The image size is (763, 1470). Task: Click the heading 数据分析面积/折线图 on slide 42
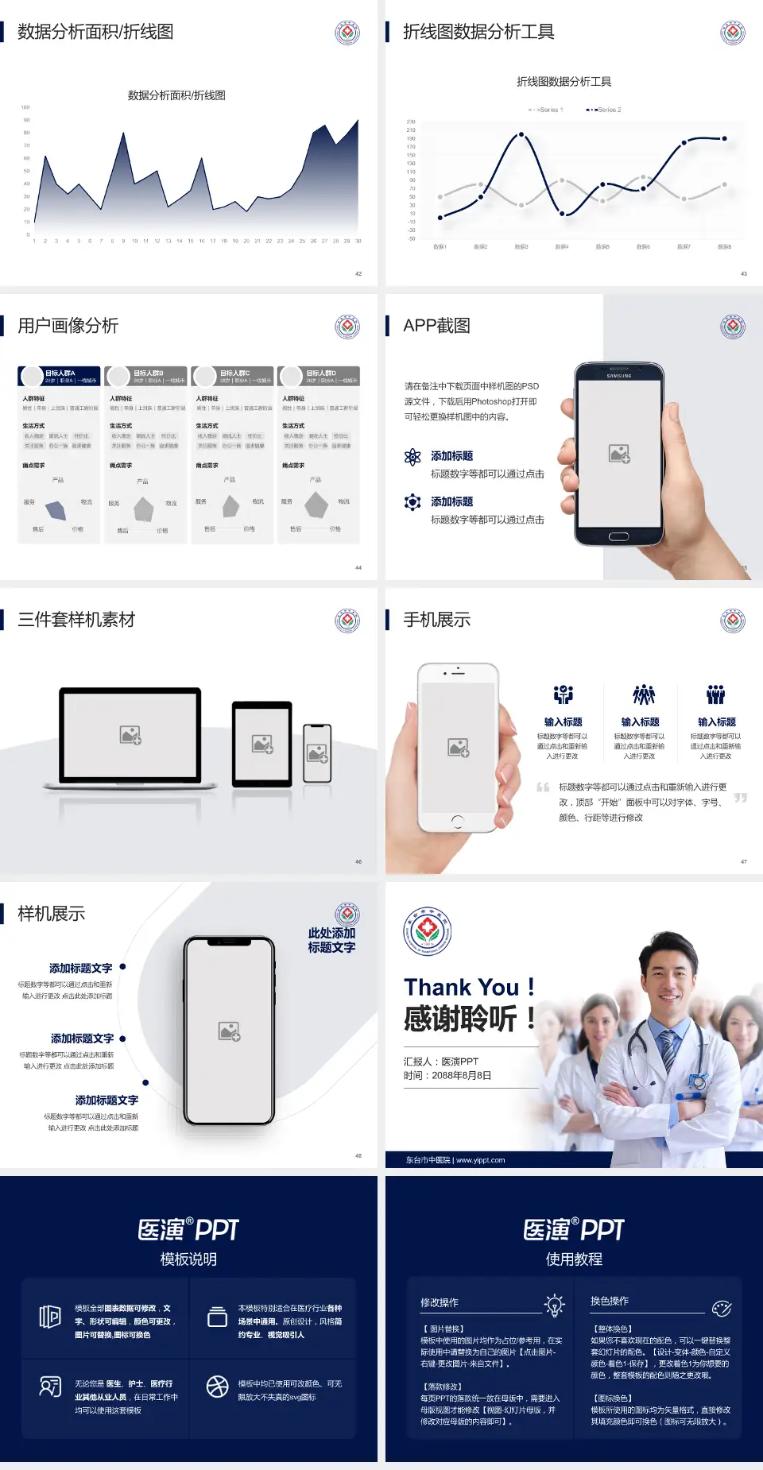[x=95, y=32]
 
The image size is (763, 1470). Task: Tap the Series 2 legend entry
[x=605, y=110]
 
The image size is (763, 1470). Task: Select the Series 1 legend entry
[x=546, y=110]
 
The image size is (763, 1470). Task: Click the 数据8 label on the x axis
[x=724, y=247]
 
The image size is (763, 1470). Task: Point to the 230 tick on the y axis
[x=411, y=122]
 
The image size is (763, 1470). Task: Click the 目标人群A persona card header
[x=60, y=376]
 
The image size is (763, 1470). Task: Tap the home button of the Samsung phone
[x=618, y=536]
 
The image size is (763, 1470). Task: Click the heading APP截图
[x=436, y=326]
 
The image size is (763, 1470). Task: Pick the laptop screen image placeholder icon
[x=130, y=735]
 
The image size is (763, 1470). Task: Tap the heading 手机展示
[x=436, y=620]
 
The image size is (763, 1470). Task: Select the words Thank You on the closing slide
[x=461, y=987]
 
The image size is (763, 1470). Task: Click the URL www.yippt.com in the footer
[x=481, y=1160]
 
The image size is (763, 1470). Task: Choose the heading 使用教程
[x=574, y=1259]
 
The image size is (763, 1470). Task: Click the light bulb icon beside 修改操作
[x=554, y=1305]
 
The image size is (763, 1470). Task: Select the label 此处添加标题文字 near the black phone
[x=331, y=940]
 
